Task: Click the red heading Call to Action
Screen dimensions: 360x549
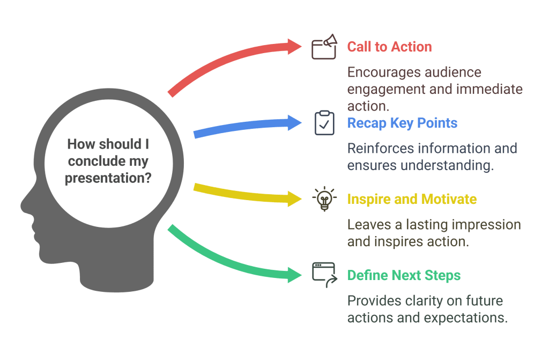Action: (389, 47)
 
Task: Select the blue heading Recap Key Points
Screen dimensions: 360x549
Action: (402, 123)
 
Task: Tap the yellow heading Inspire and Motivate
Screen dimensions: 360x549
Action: (412, 200)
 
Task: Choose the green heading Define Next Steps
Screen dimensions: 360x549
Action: (404, 276)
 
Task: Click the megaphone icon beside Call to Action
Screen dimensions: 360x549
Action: (324, 47)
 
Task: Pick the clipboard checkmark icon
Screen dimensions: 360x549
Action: (324, 123)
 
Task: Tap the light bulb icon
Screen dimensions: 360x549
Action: (324, 199)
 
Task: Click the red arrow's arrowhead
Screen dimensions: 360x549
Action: (295, 47)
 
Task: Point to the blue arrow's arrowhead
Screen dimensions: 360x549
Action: (295, 122)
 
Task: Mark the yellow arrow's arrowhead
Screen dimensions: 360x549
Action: (295, 199)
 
